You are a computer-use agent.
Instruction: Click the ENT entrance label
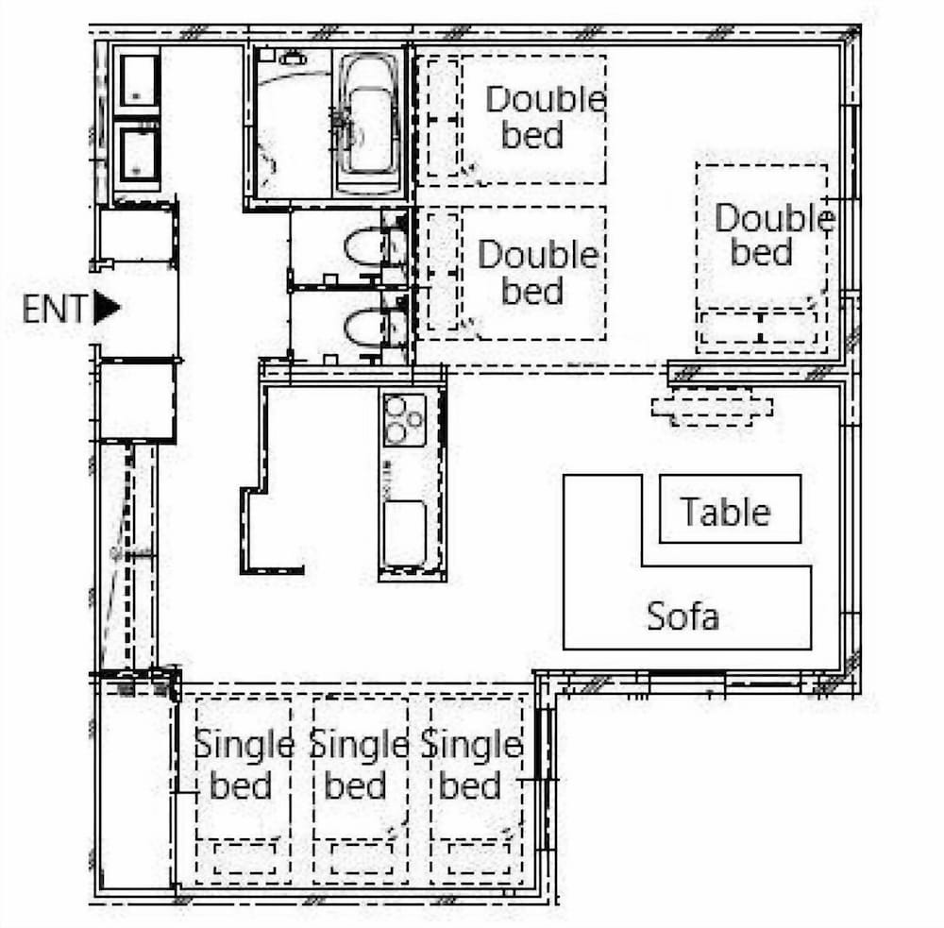point(55,309)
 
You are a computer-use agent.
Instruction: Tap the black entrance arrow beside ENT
point(107,309)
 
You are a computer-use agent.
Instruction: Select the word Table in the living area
point(725,512)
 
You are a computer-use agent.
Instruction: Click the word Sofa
point(683,616)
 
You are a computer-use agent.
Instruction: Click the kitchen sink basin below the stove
point(405,533)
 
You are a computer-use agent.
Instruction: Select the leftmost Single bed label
point(244,765)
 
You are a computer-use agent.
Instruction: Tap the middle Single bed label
point(359,765)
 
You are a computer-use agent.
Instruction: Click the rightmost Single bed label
point(472,765)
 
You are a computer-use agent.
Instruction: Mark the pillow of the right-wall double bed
point(761,328)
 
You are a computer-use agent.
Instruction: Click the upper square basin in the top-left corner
point(138,80)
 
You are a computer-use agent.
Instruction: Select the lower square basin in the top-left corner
point(138,155)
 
